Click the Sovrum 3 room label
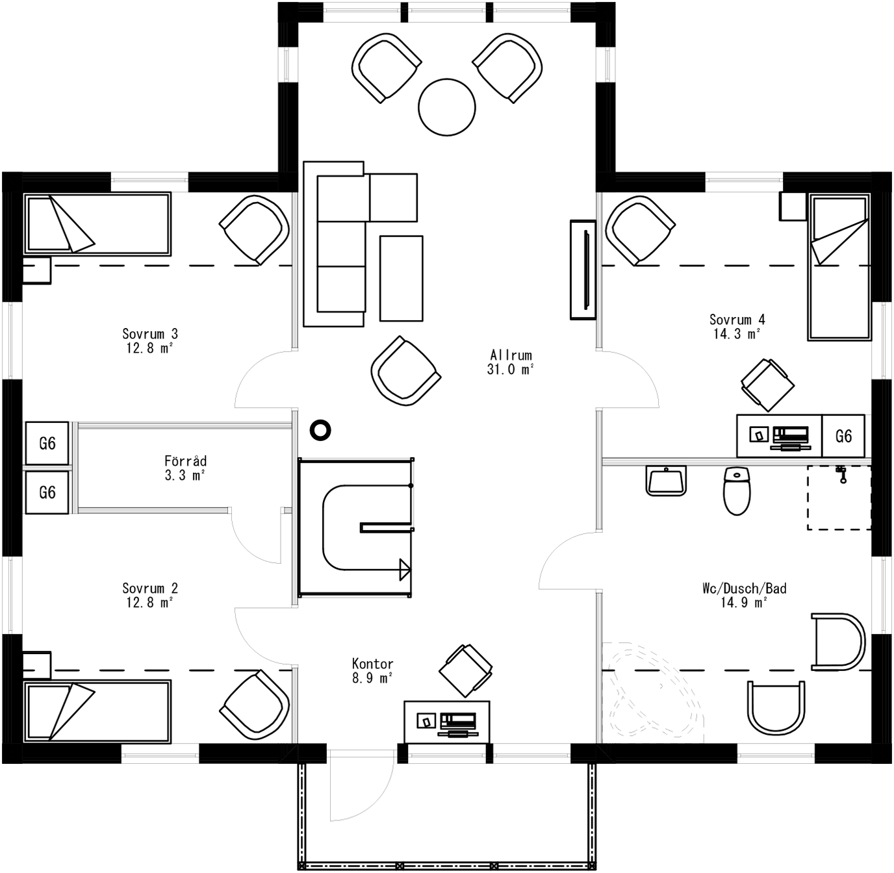(149, 340)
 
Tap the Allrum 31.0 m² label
(511, 362)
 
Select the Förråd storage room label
(185, 468)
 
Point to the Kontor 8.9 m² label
(372, 670)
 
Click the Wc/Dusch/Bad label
(744, 595)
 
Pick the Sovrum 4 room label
(737, 326)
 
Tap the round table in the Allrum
(447, 107)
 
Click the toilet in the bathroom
(737, 491)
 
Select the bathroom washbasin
(666, 481)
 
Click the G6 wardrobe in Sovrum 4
(843, 436)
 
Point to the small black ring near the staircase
(320, 430)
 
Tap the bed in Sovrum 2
(97, 711)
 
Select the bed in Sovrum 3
(97, 223)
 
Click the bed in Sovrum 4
(839, 267)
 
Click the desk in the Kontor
(446, 721)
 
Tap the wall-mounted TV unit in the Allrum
(583, 270)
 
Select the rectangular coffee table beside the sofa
(401, 278)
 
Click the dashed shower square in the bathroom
(838, 498)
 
